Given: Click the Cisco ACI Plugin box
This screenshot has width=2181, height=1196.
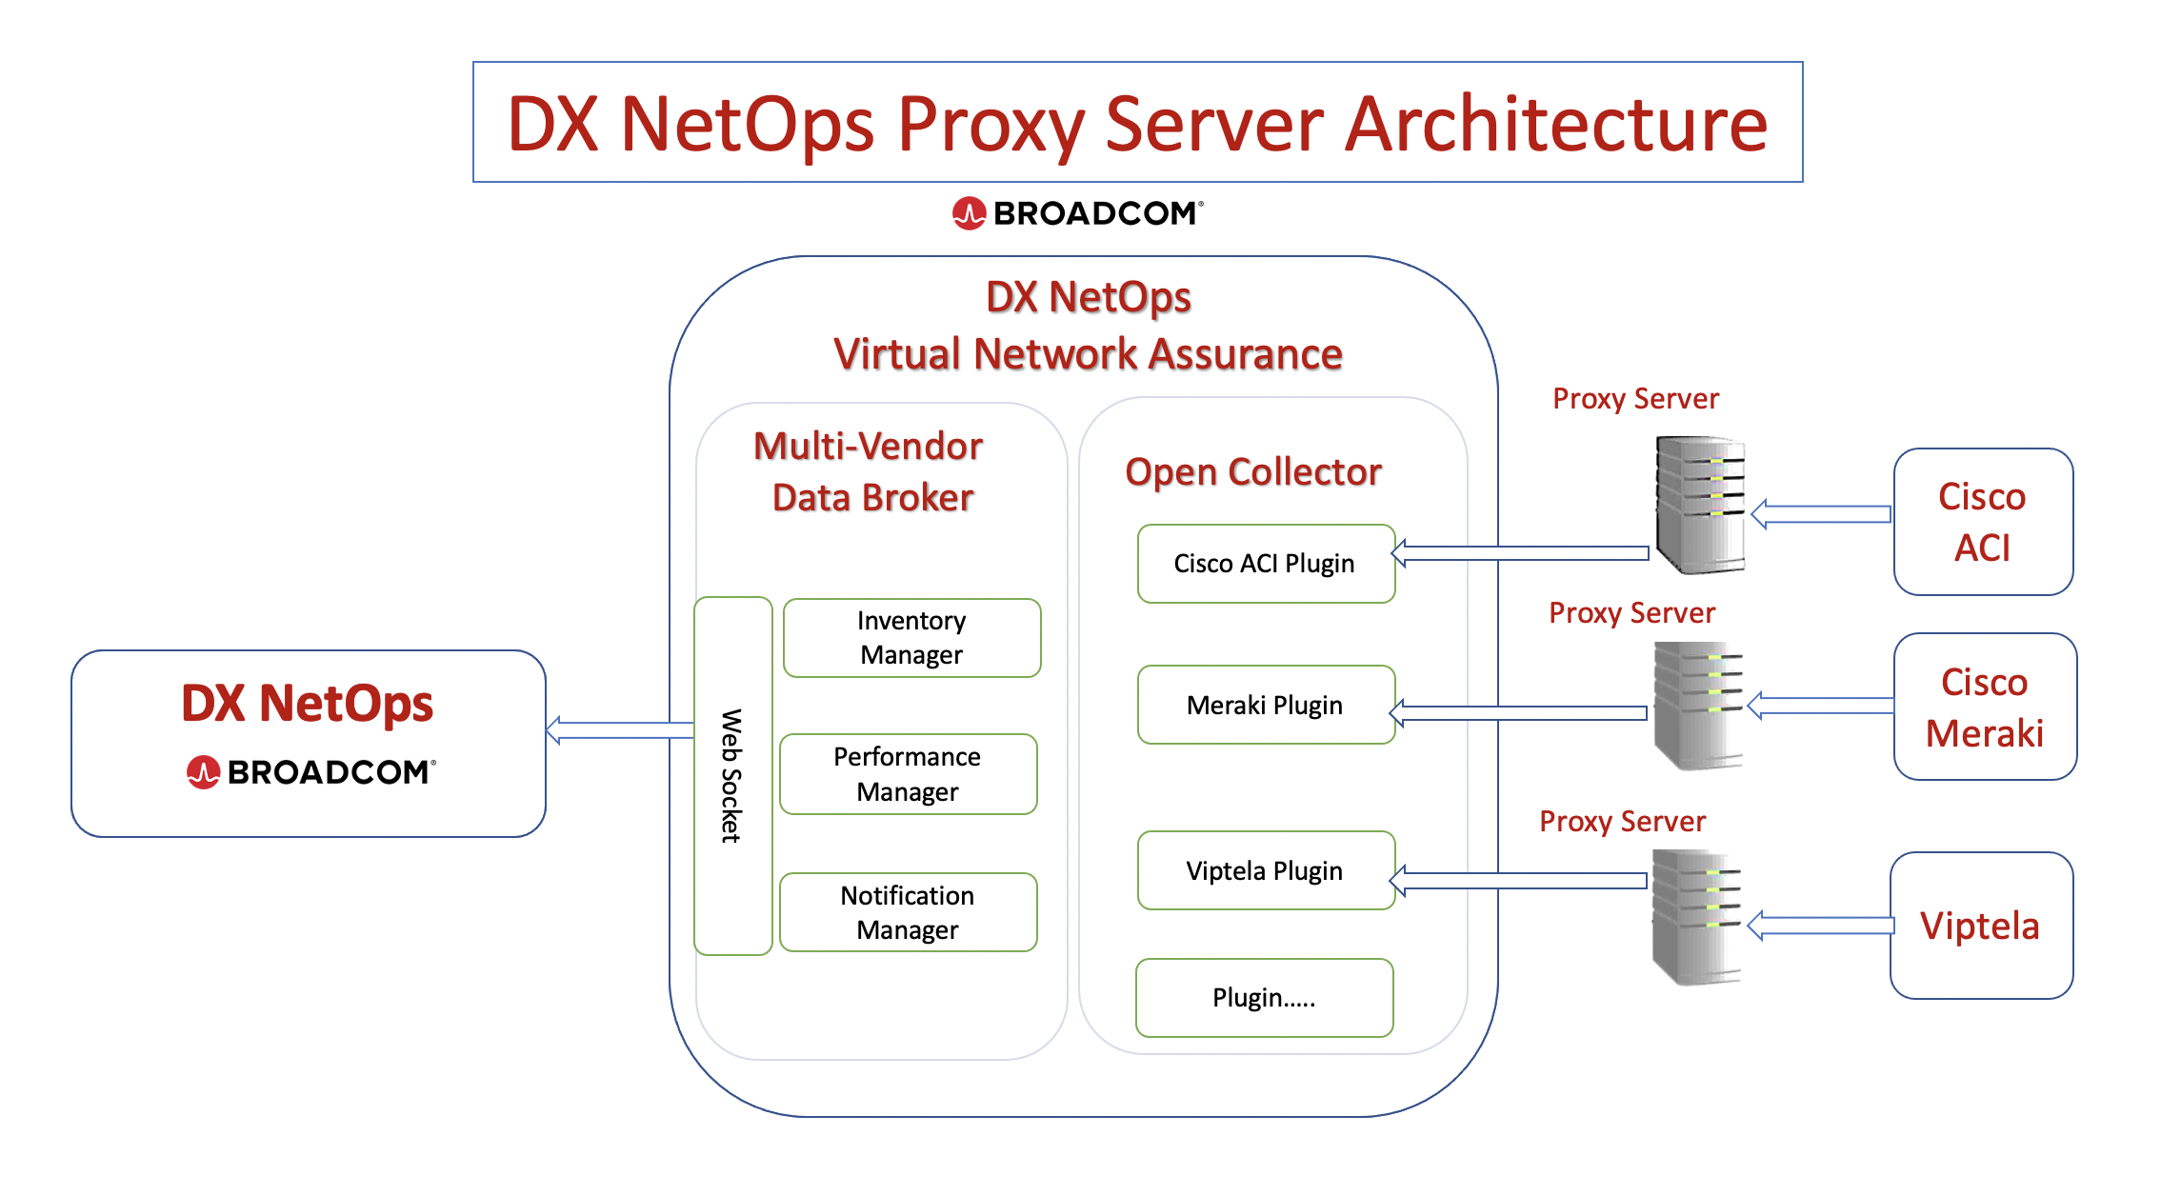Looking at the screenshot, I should click(x=1265, y=564).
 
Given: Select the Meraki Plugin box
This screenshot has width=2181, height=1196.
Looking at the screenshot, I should click(x=1265, y=705).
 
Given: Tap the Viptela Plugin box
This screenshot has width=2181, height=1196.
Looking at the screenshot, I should click(x=1265, y=870).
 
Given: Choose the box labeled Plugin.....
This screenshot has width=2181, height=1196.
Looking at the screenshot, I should click(x=1264, y=998).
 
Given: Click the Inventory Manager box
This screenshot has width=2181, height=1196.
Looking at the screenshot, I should click(x=911, y=638).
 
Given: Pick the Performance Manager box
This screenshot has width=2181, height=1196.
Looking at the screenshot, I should click(x=908, y=774).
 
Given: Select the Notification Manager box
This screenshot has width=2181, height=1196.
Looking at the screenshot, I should click(x=908, y=912).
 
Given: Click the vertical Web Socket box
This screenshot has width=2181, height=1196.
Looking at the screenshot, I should click(x=732, y=775).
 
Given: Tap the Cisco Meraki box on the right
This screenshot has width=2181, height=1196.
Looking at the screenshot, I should click(x=1985, y=707).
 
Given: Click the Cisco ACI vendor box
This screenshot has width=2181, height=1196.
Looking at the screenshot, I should click(x=1983, y=522).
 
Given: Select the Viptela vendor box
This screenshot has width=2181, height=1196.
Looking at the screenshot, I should click(x=1981, y=926).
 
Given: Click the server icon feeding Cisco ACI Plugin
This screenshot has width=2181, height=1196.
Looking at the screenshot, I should click(x=1700, y=505).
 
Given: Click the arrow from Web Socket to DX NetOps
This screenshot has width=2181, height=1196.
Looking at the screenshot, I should click(x=619, y=730).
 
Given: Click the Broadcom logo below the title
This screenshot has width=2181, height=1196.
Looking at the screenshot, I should click(x=1077, y=213).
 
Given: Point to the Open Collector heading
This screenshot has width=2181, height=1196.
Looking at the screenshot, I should click(x=1252, y=472).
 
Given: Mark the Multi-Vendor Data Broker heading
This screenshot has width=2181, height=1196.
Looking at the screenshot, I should click(x=870, y=471).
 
